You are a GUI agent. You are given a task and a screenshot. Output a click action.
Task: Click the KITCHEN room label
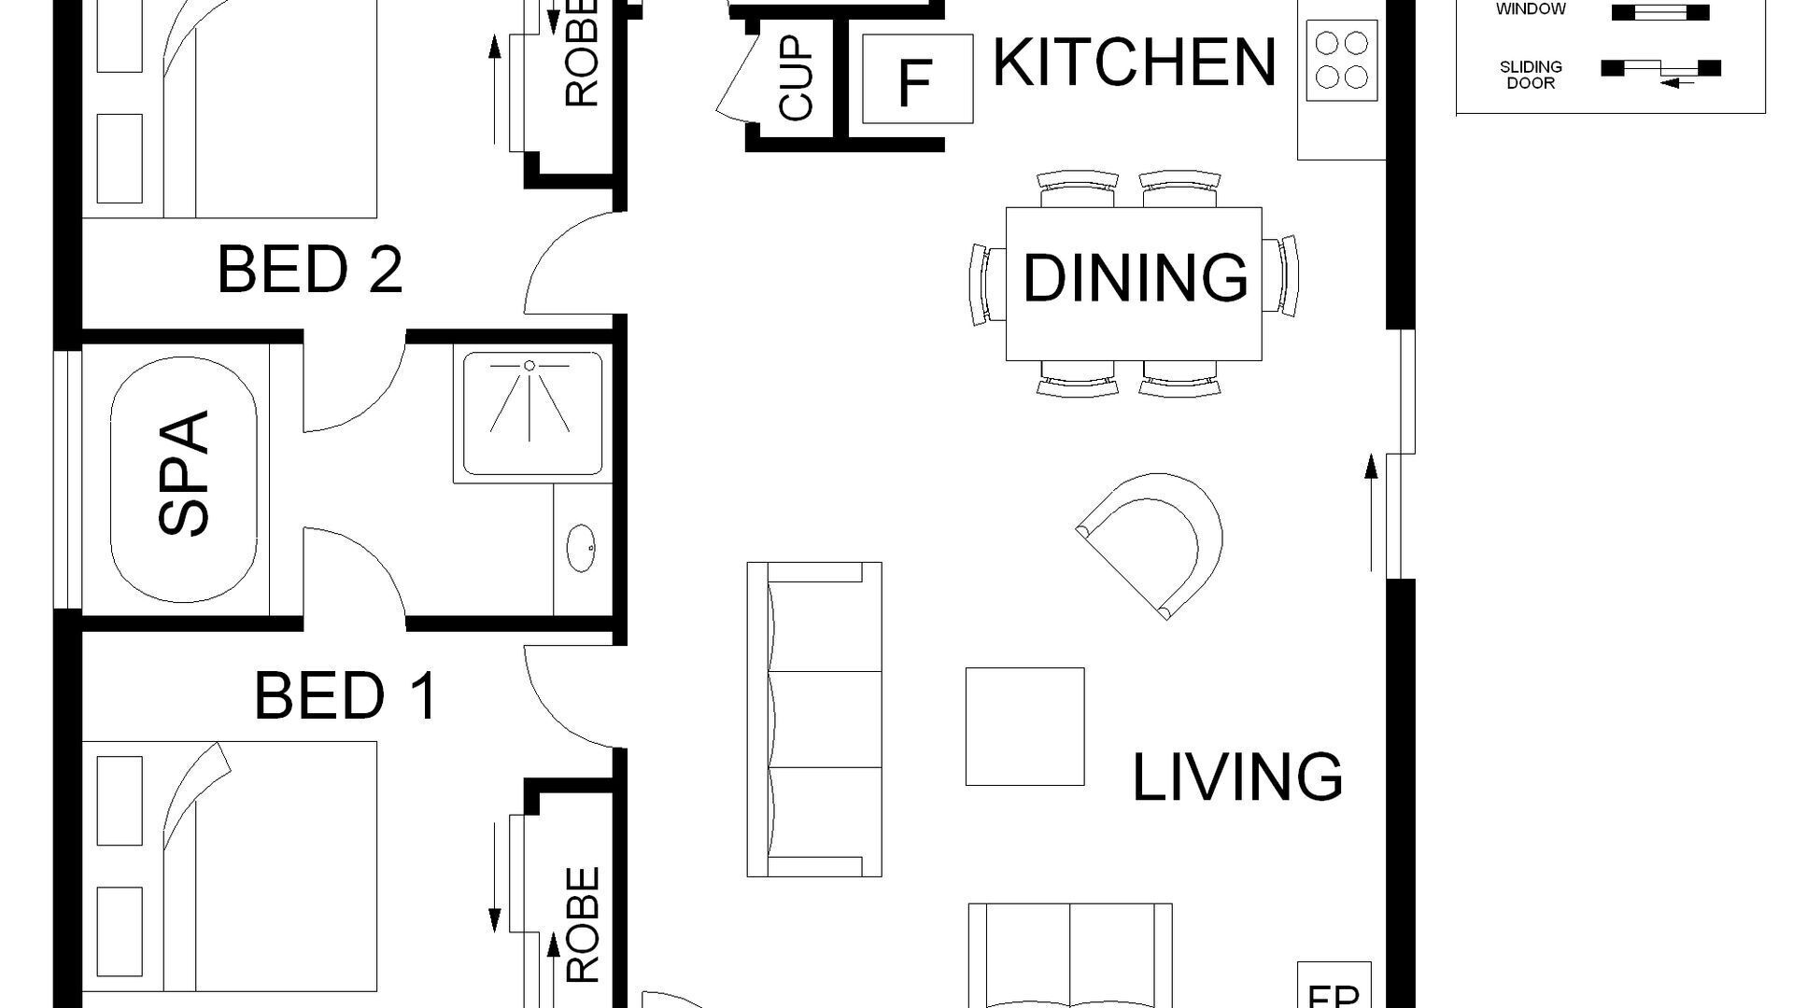(x=1134, y=63)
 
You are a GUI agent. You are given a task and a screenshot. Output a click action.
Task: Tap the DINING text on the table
(x=1135, y=278)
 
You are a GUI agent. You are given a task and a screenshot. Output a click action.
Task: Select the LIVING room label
(x=1237, y=777)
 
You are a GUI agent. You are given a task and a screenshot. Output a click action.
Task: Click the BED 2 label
(x=309, y=270)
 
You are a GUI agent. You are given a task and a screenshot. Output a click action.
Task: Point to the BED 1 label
(x=346, y=696)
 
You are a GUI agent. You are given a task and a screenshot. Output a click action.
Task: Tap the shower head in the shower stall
(x=529, y=366)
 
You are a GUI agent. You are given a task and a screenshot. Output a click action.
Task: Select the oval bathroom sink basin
(x=581, y=548)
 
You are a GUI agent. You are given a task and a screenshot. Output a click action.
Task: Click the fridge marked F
(x=916, y=80)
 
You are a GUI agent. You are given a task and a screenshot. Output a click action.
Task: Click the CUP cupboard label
(x=796, y=79)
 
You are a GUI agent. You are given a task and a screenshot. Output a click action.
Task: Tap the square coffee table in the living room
(x=1024, y=726)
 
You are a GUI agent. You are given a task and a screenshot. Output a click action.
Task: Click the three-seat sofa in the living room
(x=814, y=719)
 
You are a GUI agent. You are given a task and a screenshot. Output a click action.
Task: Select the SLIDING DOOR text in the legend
(x=1531, y=75)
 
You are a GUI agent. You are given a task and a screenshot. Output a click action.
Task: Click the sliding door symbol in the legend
(x=1661, y=70)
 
